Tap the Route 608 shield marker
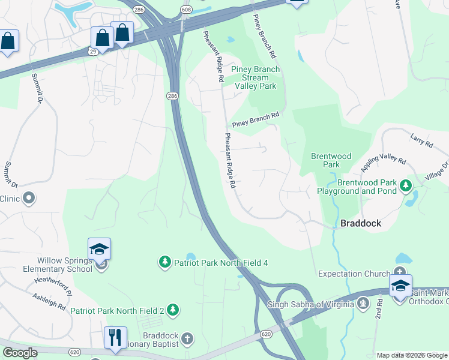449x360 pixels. (x=187, y=10)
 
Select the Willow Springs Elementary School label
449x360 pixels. (x=65, y=265)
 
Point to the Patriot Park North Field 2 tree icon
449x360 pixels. (x=173, y=310)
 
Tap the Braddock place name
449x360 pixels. (x=361, y=223)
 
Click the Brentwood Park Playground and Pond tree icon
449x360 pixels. (x=406, y=185)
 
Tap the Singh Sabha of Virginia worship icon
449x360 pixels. (x=362, y=304)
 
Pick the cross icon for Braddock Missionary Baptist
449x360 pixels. (x=187, y=339)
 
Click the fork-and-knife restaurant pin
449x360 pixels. (x=114, y=337)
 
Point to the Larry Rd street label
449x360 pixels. (x=421, y=141)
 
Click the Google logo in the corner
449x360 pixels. (x=20, y=353)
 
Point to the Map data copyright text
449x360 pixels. (x=412, y=355)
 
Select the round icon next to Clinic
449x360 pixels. (x=29, y=198)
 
